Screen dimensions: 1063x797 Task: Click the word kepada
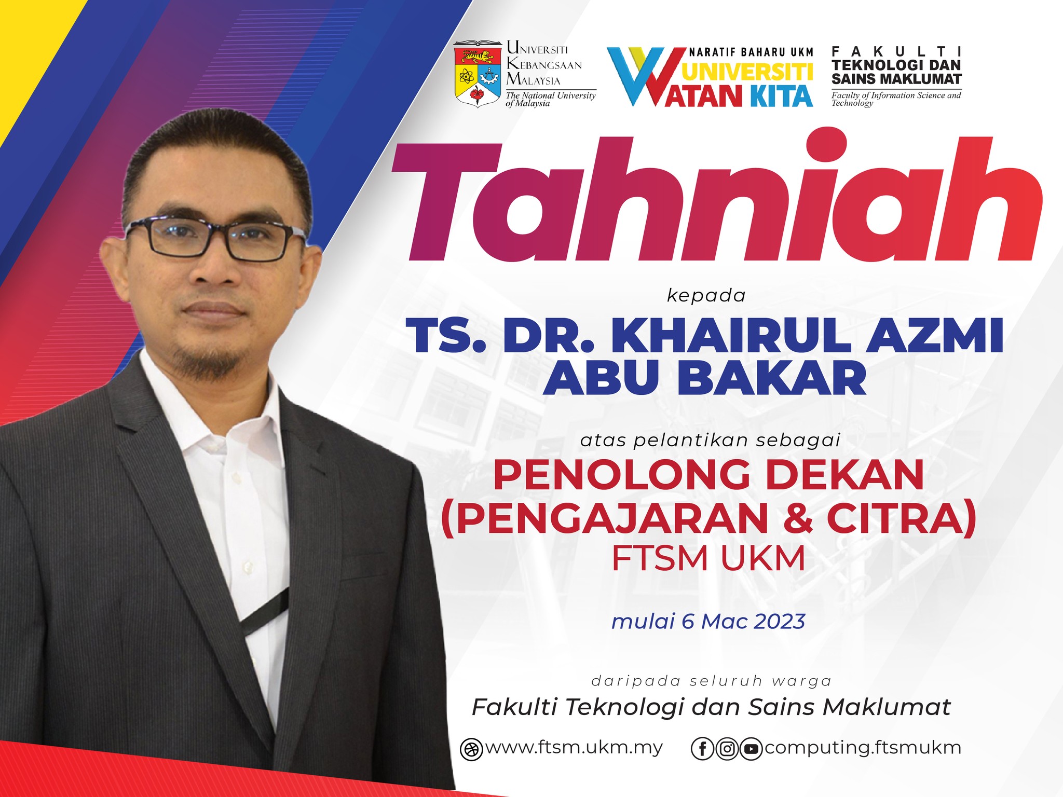[706, 296]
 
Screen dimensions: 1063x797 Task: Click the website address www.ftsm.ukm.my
[574, 748]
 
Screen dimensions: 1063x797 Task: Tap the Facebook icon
[703, 749]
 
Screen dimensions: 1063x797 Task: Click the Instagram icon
[727, 749]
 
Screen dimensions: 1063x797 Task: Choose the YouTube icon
[751, 749]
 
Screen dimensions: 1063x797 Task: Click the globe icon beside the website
[471, 749]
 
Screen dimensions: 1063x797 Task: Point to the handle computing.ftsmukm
[863, 748]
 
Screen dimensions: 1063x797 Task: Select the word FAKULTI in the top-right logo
[896, 51]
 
